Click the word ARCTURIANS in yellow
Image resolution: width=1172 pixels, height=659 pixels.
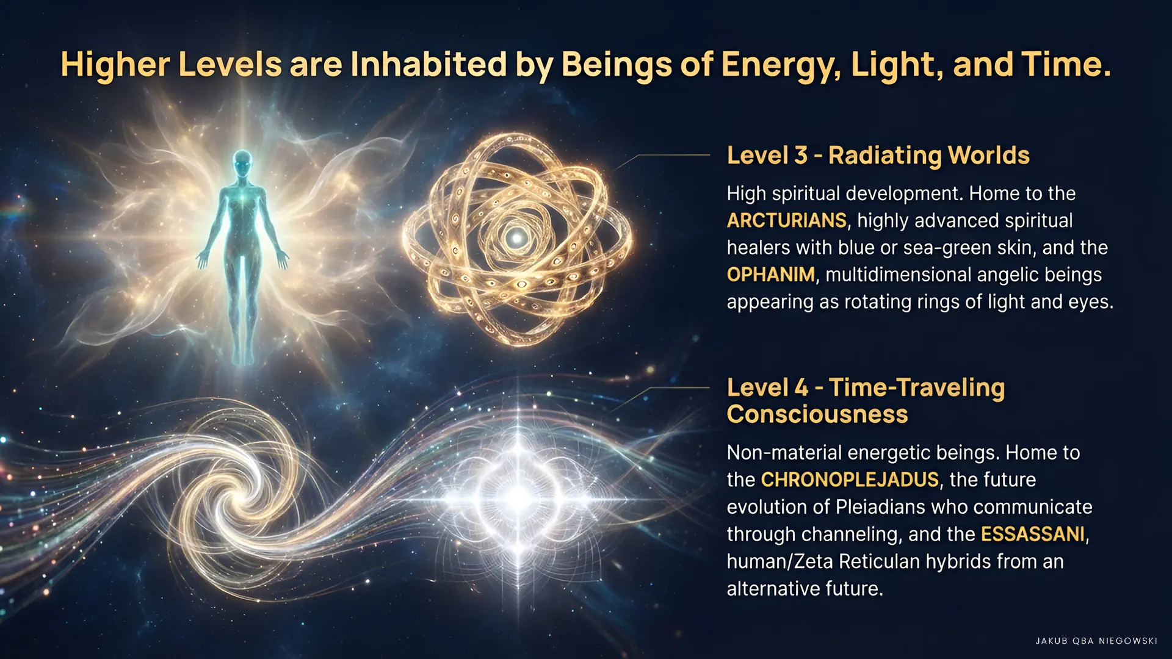[786, 220]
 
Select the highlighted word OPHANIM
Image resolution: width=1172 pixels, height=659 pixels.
[770, 275]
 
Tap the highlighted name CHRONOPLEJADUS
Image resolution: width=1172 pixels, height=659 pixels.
[850, 480]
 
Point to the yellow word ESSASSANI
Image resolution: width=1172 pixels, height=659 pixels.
[1033, 534]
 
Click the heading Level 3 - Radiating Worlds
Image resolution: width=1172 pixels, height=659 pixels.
[878, 156]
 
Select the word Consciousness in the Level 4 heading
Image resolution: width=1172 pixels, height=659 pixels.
[817, 414]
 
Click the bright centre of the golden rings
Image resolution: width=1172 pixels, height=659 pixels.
[518, 237]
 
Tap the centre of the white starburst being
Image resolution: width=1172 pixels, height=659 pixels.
[518, 497]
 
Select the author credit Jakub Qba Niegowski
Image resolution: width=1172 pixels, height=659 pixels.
[1096, 641]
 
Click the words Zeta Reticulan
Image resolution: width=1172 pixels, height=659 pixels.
[857, 561]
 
